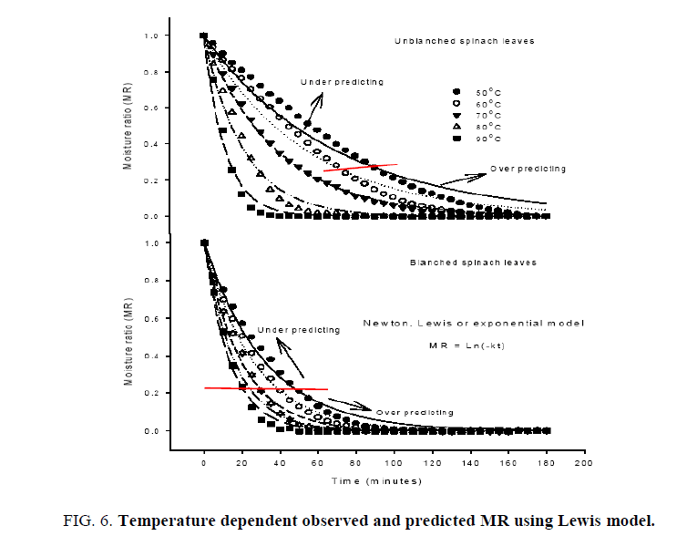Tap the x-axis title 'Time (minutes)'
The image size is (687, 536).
pos(374,479)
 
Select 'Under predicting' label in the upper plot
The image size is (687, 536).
pos(342,82)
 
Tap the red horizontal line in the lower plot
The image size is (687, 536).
pos(265,389)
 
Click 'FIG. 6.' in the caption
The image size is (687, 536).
pos(88,521)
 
